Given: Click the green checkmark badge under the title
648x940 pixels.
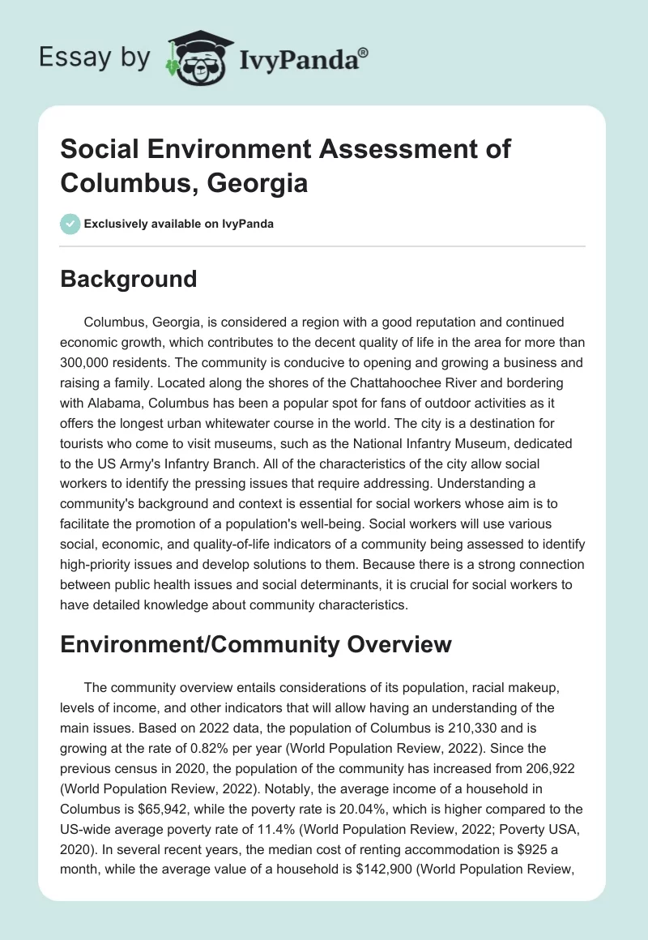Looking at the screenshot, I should pos(70,224).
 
